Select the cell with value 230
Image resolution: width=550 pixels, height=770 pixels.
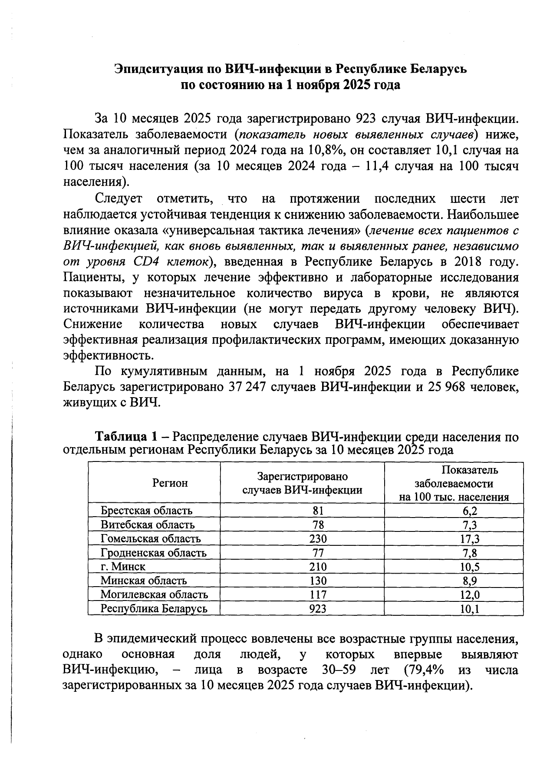coord(318,539)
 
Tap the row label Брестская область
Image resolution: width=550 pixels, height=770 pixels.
coord(146,511)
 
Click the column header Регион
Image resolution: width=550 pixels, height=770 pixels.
coord(170,483)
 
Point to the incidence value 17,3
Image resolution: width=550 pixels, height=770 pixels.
coord(470,539)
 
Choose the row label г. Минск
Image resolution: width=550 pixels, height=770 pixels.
coord(123,567)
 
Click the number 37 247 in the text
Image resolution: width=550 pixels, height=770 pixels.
coord(247,386)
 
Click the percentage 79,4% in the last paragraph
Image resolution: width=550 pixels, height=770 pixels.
coord(423,670)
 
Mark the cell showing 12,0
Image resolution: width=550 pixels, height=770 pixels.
coord(470,594)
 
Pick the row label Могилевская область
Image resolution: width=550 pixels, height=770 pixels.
coord(154,594)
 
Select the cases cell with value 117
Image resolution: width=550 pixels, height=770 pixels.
coord(318,594)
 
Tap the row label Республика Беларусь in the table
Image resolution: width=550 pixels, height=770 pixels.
coord(154,608)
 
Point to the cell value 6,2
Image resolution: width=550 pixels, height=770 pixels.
coord(470,511)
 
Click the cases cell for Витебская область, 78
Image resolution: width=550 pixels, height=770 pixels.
coord(318,525)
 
